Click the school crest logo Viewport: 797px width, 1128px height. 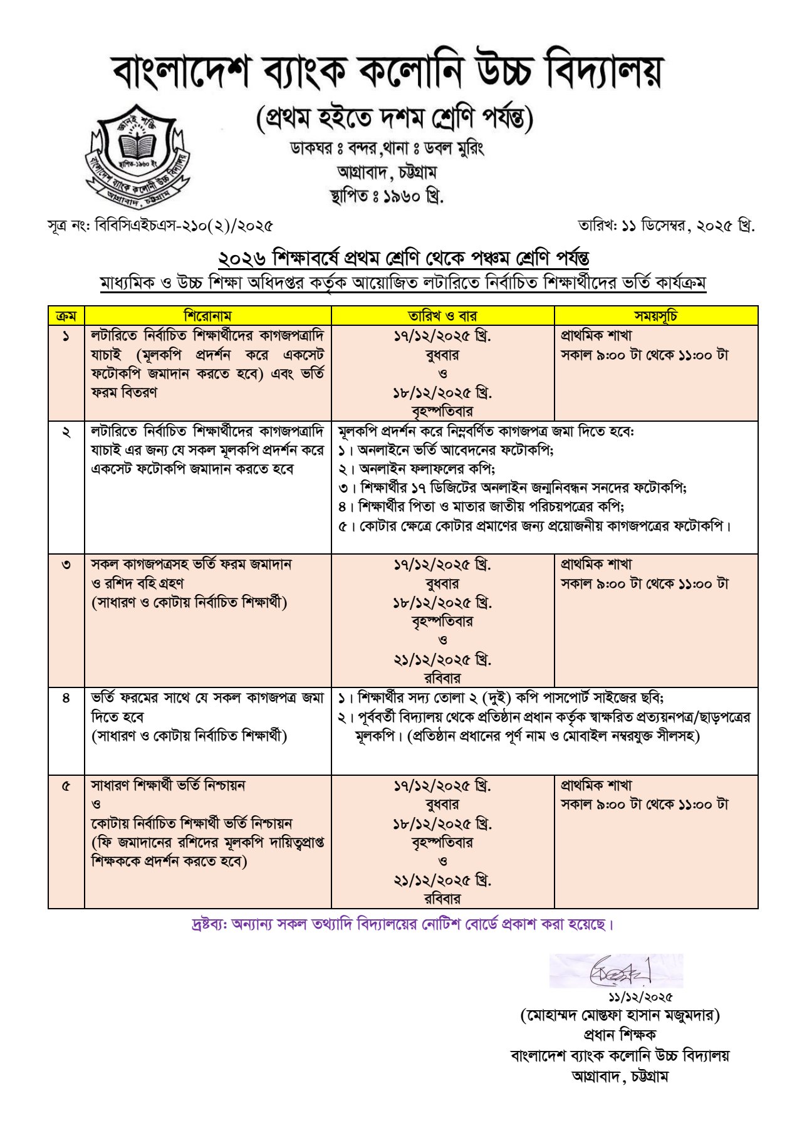click(138, 154)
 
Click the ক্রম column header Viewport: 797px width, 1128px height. click(66, 316)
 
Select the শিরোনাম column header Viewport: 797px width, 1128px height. click(207, 316)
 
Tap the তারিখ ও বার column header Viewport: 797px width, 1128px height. click(442, 316)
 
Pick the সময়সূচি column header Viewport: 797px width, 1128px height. click(655, 316)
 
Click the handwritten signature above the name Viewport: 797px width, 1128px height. click(617, 971)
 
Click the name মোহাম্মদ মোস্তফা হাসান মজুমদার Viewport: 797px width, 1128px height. click(620, 1015)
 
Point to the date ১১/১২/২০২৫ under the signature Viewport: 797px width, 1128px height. click(640, 996)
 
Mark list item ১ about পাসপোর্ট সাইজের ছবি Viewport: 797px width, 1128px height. click(501, 698)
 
